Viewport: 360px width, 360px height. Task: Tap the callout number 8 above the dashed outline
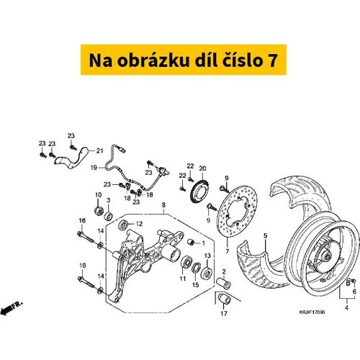(163, 205)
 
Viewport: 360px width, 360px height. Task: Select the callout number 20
(202, 168)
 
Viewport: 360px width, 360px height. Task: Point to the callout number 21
(99, 150)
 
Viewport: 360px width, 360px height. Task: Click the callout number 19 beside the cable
(94, 168)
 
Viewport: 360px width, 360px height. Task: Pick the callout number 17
(224, 313)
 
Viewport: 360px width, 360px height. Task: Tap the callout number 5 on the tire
(265, 235)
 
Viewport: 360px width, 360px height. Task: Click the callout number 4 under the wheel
(346, 307)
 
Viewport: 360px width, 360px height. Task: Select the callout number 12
(139, 224)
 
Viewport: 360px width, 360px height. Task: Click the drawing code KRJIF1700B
(312, 312)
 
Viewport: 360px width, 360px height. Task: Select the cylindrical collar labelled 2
(224, 283)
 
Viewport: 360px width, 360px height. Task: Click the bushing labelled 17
(224, 299)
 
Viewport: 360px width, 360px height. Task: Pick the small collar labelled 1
(191, 242)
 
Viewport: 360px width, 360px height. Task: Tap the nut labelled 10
(99, 210)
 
